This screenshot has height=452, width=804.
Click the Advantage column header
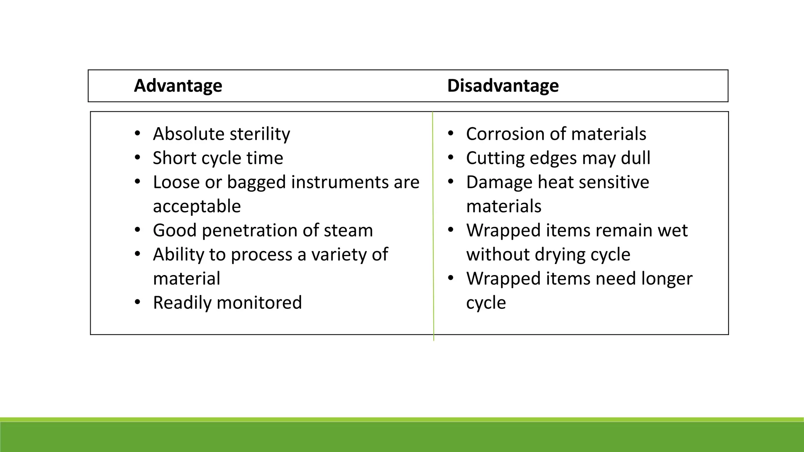tap(178, 86)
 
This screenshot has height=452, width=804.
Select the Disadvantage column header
tap(503, 86)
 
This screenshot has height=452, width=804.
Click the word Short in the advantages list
tap(175, 158)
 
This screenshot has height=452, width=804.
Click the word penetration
tap(252, 231)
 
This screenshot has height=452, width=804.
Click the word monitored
tap(259, 303)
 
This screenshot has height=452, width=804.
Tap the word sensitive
tap(613, 182)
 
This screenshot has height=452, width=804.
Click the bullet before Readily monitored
tap(137, 303)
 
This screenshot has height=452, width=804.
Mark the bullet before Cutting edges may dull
tap(450, 158)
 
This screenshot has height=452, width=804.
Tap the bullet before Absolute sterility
tap(137, 134)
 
